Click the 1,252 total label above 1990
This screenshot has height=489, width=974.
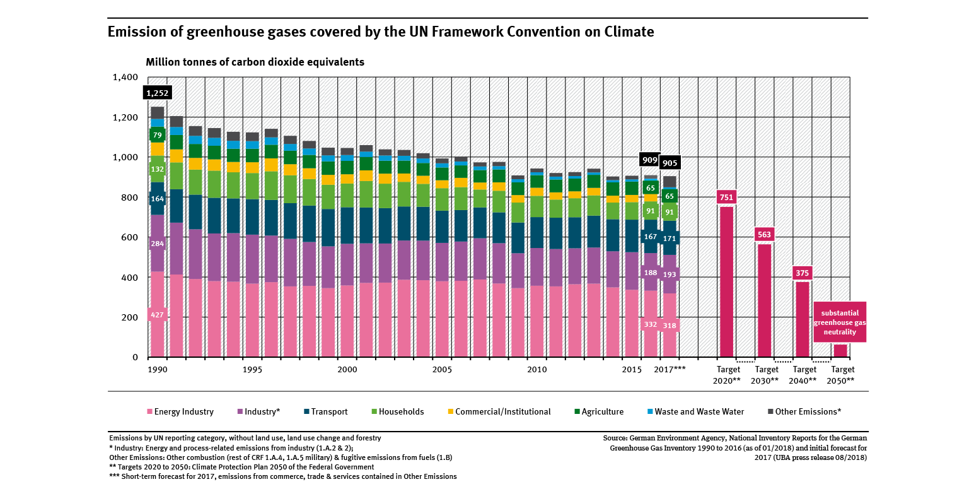[157, 93]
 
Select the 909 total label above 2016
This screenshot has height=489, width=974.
[649, 160]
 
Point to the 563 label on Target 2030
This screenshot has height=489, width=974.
[764, 235]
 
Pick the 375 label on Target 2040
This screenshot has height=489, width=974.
[802, 273]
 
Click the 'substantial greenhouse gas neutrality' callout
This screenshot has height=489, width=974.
[839, 322]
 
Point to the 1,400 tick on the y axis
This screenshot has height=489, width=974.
[125, 78]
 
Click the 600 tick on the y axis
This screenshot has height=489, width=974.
[130, 237]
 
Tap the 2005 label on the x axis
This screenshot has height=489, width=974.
[442, 369]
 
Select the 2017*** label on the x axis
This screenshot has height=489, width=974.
[670, 369]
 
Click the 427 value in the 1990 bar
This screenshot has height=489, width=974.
[157, 314]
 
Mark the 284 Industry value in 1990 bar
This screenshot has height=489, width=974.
[157, 244]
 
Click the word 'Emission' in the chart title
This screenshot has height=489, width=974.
[138, 32]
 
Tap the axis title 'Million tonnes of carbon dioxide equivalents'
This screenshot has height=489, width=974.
[255, 62]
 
